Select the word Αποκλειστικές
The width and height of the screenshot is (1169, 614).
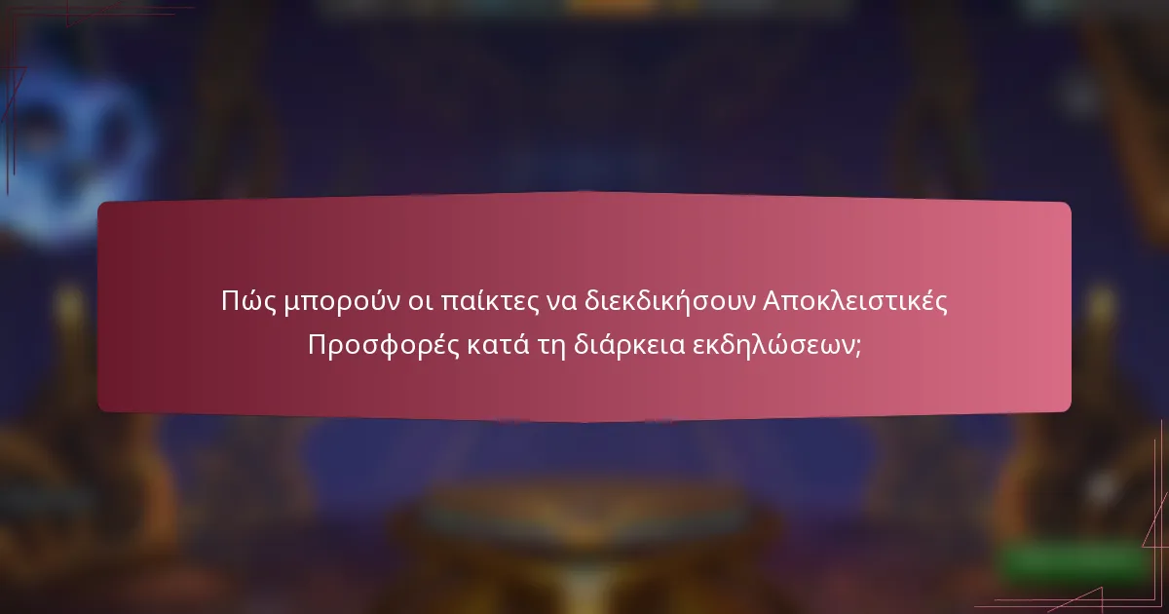(x=854, y=301)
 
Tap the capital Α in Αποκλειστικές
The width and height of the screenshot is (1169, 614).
(x=773, y=301)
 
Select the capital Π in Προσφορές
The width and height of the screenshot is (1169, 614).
(x=318, y=346)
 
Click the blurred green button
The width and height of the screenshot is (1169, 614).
(x=1072, y=563)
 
